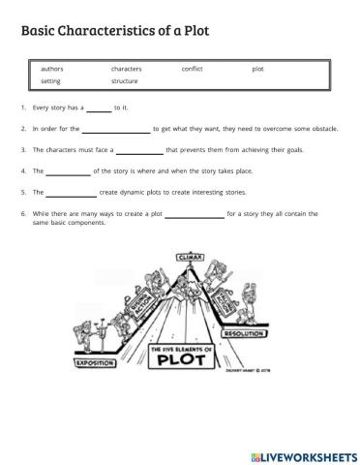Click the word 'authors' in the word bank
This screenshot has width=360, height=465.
(x=52, y=70)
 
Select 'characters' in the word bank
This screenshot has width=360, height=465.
(x=127, y=70)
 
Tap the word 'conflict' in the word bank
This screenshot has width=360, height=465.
(x=192, y=70)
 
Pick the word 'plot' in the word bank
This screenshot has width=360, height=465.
(x=257, y=70)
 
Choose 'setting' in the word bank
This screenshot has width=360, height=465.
(x=51, y=81)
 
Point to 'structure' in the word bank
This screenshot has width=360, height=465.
(x=125, y=81)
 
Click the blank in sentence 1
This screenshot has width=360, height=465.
(x=99, y=109)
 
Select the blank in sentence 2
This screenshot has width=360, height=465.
(x=116, y=130)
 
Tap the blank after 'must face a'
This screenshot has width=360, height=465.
(x=139, y=151)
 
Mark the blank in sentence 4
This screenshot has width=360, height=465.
(x=68, y=171)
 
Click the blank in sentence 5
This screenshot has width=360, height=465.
(x=71, y=193)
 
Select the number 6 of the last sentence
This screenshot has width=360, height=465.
(x=21, y=213)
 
